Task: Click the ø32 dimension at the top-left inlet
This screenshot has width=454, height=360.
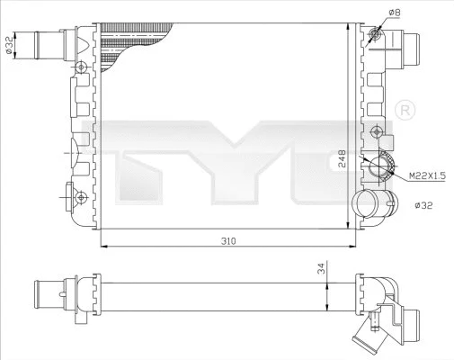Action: (x=9, y=45)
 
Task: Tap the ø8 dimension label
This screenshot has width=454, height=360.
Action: (x=394, y=12)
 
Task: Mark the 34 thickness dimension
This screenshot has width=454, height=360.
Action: (x=322, y=267)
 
